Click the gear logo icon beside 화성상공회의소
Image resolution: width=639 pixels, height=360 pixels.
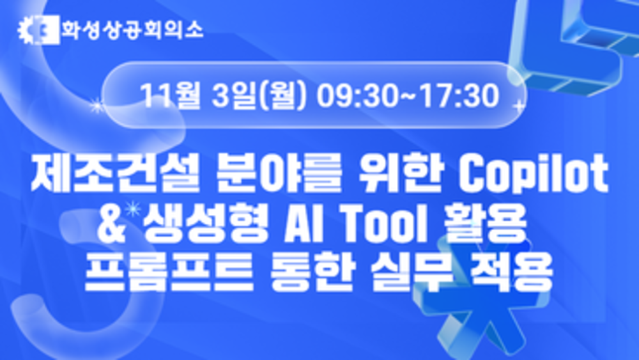coord(38,30)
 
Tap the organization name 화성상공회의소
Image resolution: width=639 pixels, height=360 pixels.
coord(132,30)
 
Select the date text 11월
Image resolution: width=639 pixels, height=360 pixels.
coord(171,96)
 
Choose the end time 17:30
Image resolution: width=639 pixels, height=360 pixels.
coord(459,96)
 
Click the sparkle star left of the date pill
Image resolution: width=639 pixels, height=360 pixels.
coord(97,106)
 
